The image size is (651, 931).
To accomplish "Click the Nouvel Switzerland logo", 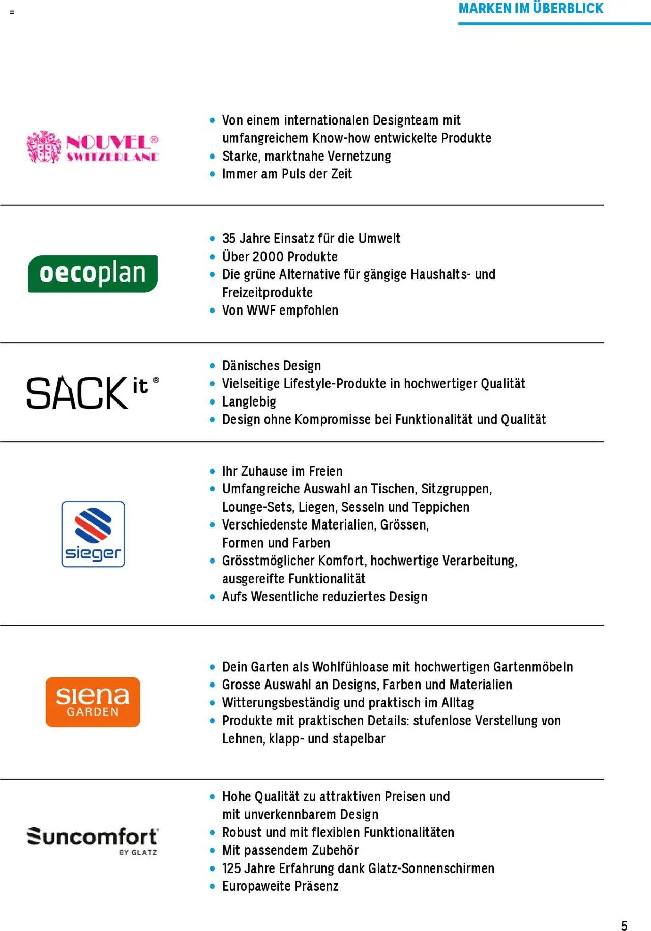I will point(93,147).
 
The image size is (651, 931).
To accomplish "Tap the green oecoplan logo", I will point(93,273).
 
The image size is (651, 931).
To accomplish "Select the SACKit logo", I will point(93,392).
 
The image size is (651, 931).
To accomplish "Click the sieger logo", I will point(93,534).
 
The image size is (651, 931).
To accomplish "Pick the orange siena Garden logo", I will point(93,702).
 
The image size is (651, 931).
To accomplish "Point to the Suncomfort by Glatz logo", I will point(93,841).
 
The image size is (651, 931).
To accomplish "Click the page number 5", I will point(624,925).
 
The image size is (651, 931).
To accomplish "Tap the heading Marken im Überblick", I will point(530,9).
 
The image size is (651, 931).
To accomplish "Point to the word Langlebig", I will point(249,402).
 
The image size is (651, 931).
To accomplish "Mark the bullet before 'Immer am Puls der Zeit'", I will point(213,174).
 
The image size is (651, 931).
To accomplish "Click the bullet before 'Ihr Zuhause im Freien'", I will point(213,472).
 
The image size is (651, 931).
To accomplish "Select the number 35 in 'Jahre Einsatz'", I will point(229,239).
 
